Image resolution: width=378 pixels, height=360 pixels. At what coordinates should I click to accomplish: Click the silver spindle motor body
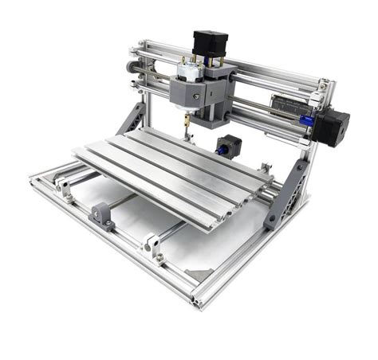coord(189,75)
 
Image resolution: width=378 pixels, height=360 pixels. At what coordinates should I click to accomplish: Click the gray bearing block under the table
coord(102,214)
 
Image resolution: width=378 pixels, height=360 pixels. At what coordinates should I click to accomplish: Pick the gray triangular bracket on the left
coord(132,119)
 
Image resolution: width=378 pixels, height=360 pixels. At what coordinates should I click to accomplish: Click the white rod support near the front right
coord(152,246)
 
